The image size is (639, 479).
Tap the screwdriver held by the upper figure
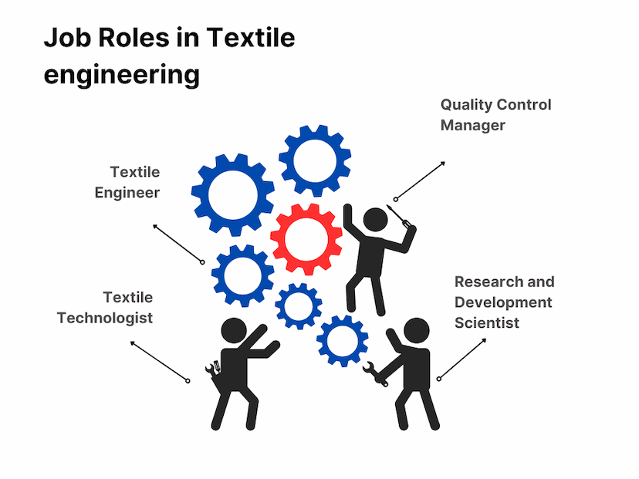(x=398, y=216)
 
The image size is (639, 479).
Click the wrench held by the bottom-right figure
(x=375, y=373)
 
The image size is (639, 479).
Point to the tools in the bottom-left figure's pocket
(x=213, y=368)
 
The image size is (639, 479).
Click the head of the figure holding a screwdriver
(x=375, y=220)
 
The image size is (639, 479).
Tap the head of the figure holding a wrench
(x=416, y=330)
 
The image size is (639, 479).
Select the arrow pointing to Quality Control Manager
(x=420, y=180)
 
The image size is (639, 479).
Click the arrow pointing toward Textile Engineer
(x=178, y=244)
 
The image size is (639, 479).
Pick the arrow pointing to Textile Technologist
(x=160, y=362)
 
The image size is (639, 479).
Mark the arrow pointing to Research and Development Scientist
(x=462, y=359)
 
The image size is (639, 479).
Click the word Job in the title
(x=64, y=38)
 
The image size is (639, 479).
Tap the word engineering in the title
(x=122, y=75)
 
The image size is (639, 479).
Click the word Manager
(x=473, y=126)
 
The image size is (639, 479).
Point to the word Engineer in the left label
(x=127, y=193)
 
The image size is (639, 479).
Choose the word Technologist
(x=105, y=318)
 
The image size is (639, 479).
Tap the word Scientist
(x=487, y=323)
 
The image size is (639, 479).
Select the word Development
(x=503, y=302)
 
